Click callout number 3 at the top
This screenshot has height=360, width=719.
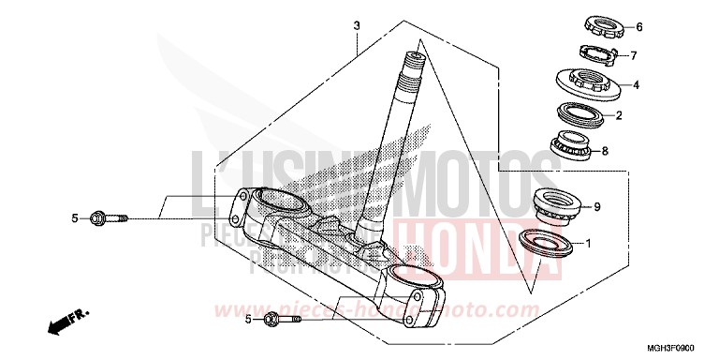[356, 24]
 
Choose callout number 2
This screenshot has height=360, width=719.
[619, 116]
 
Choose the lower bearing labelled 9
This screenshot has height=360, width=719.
[556, 203]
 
